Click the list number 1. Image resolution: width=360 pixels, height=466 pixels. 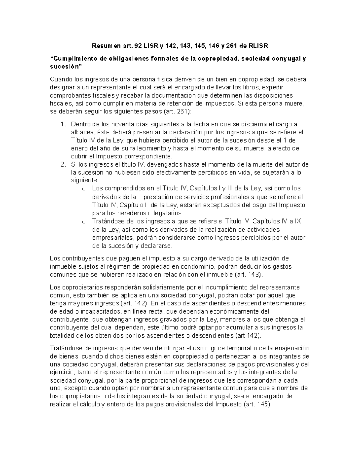pos(62,124)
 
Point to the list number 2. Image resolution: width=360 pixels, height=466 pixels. pos(62,164)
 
